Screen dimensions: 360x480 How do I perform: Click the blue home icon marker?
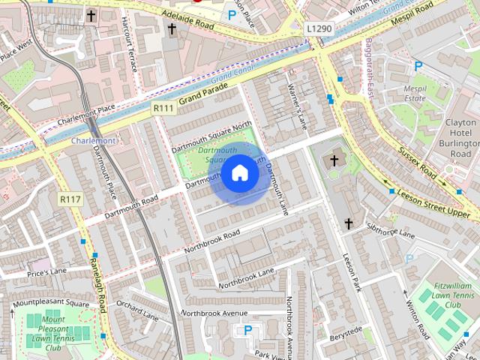click(240, 173)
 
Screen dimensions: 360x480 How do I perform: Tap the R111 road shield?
click(163, 109)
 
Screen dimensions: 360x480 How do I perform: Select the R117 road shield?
click(69, 199)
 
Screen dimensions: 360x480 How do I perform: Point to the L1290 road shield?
click(319, 28)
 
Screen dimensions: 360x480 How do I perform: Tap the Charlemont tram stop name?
click(94, 140)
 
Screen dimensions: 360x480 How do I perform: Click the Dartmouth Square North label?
click(211, 136)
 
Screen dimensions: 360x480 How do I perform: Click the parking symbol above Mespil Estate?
click(418, 67)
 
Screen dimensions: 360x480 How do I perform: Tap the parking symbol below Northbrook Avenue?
click(247, 330)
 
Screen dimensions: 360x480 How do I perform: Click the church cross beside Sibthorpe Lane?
click(348, 223)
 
